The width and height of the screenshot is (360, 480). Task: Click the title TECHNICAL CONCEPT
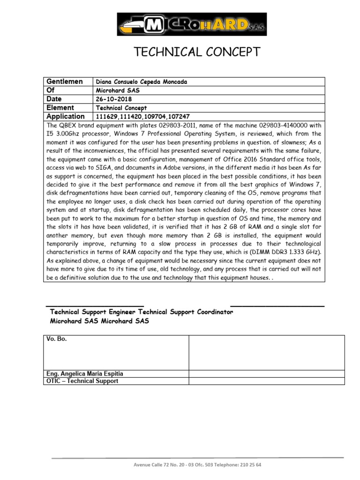coord(197,52)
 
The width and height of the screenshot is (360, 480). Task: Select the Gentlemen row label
coord(65,82)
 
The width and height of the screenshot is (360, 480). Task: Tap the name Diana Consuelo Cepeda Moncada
coord(141,82)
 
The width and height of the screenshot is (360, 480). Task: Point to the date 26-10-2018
coord(114,99)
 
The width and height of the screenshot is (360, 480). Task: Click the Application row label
coord(66,116)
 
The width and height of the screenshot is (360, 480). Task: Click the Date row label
coord(54,99)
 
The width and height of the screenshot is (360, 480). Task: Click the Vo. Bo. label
coord(57,339)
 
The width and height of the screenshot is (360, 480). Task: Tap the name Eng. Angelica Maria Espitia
coord(85,374)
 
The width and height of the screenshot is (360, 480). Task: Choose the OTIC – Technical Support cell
coord(82,381)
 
